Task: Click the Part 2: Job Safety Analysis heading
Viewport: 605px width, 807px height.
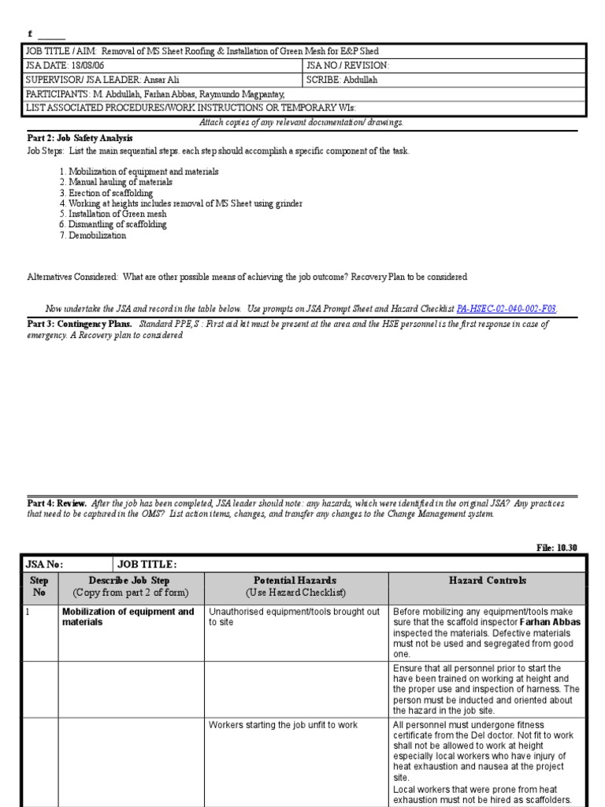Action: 80,138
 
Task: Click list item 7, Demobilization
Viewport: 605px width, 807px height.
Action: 97,236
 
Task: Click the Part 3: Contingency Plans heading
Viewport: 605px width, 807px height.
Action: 80,324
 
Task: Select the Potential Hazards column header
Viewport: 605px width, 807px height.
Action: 295,586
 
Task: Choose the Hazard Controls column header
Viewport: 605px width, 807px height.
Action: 487,580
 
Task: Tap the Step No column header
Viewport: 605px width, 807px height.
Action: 39,586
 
